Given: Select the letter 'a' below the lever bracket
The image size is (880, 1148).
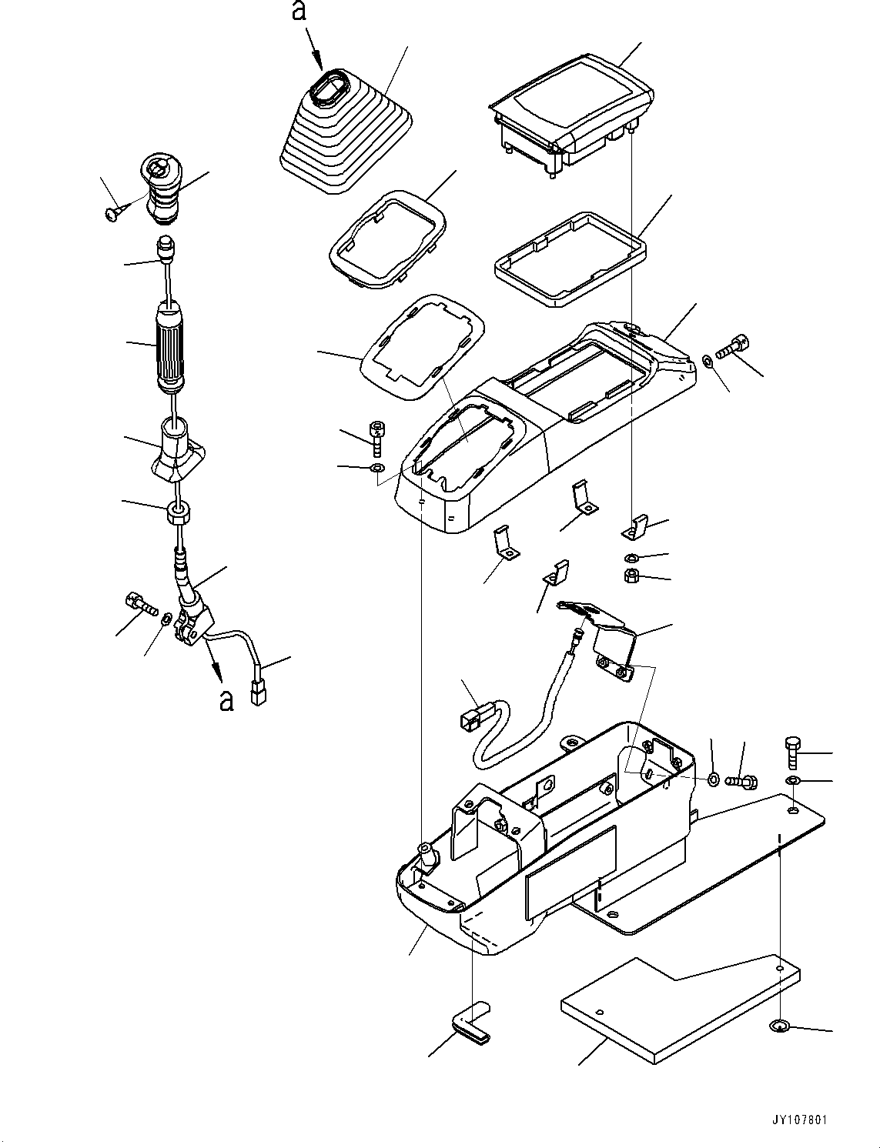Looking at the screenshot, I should (226, 699).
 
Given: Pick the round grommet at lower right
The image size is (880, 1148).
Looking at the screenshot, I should (779, 1026).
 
